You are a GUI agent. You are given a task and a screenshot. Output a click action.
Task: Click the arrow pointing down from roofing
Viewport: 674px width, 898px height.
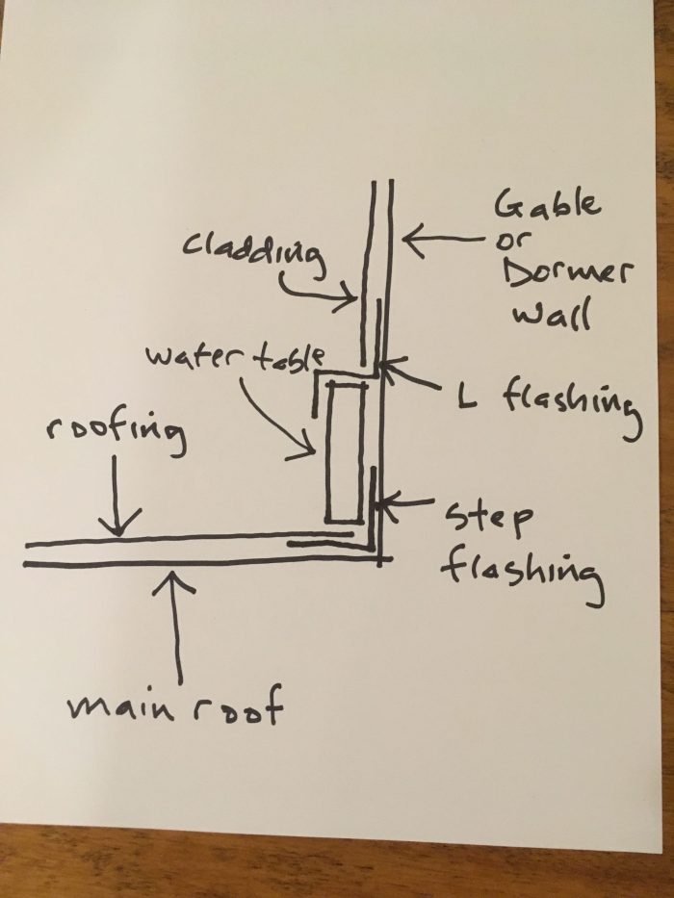pos(117,500)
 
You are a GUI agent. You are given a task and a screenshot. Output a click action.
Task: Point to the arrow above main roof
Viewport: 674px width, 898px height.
pos(175,626)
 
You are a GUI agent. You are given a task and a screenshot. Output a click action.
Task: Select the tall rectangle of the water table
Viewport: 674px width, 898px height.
pos(344,452)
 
